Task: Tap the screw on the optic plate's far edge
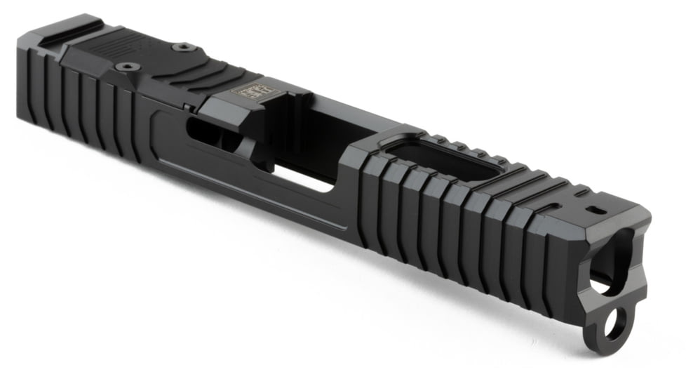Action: [184, 47]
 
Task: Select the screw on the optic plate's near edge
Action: [128, 67]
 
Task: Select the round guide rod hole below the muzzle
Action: [615, 325]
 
